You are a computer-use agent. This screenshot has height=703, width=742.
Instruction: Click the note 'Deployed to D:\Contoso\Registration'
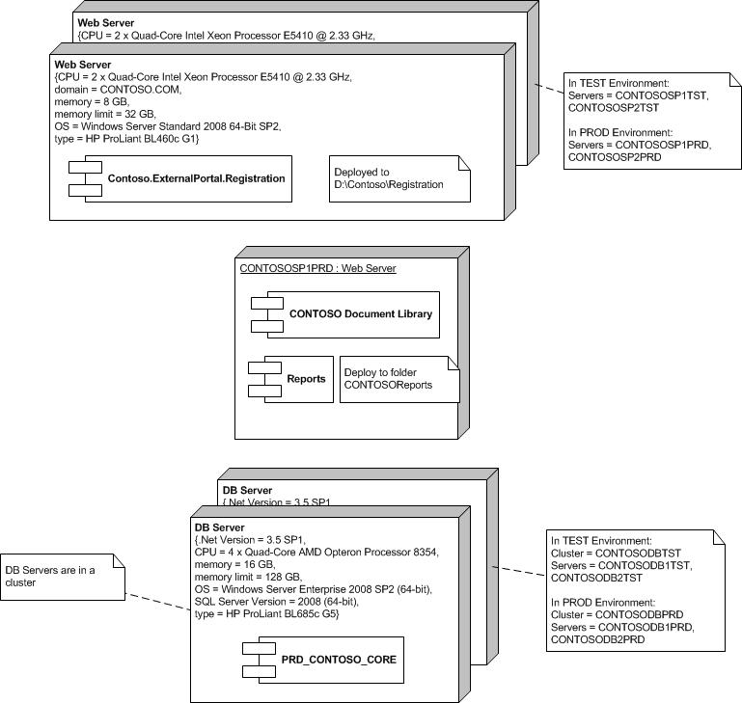pyautogui.click(x=399, y=178)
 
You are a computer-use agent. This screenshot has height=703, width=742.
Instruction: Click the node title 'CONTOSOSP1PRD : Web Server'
pyautogui.click(x=317, y=269)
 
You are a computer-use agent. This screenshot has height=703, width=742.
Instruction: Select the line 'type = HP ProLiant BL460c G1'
pyautogui.click(x=126, y=139)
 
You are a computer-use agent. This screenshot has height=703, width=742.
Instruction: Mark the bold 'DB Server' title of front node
pyautogui.click(x=219, y=527)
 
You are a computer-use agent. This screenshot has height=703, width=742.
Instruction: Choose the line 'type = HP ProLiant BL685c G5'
pyautogui.click(x=266, y=614)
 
